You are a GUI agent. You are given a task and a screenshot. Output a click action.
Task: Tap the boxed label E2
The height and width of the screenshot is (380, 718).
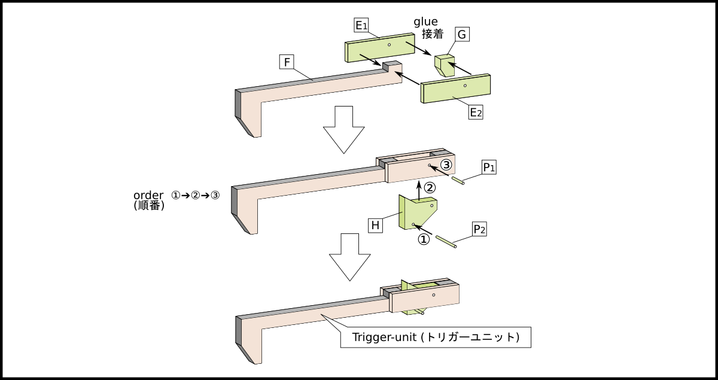[x=476, y=113]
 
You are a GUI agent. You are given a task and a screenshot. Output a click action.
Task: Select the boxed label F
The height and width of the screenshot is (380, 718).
[x=287, y=62]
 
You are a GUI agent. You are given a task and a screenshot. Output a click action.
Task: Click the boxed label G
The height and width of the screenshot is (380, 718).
[x=461, y=35]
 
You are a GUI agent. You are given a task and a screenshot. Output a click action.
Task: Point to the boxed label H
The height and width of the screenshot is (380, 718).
[x=375, y=226]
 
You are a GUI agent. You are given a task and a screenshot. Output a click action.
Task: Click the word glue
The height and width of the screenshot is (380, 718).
[x=425, y=22]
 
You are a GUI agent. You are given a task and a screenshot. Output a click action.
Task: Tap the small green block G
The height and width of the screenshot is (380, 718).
[x=444, y=65]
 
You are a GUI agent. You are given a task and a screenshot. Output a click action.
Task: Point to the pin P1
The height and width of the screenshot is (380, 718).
[x=459, y=181]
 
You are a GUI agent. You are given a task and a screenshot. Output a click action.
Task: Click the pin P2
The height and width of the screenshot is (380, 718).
[x=446, y=241]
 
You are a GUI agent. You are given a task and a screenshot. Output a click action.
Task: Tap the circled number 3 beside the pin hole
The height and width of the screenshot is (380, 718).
[x=446, y=164]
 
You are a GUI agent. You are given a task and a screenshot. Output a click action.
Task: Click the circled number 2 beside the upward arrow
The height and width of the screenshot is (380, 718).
[x=431, y=187]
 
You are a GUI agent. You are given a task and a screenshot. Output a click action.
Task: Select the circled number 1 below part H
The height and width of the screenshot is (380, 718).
[x=423, y=239]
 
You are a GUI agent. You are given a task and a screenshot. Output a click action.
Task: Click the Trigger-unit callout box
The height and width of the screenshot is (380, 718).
[x=436, y=337]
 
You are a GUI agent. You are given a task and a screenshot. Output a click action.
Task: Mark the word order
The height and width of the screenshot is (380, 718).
[x=148, y=196]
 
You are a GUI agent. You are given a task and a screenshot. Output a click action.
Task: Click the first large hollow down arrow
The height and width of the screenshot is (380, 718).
[x=343, y=129]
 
